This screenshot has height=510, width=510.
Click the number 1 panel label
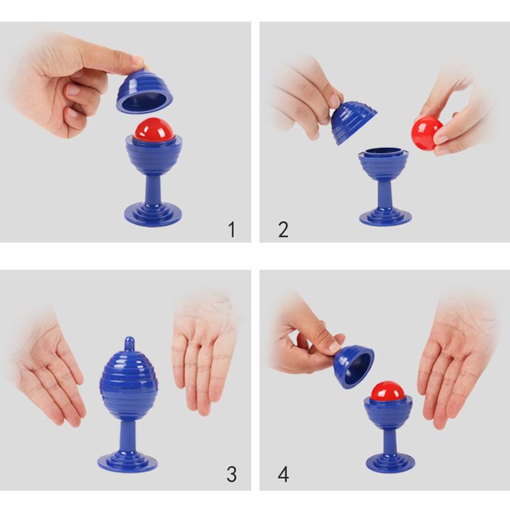[x=232, y=229]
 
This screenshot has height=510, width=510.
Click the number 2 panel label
[x=283, y=229]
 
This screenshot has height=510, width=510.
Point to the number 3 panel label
[x=231, y=474]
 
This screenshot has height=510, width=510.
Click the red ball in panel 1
[x=153, y=129]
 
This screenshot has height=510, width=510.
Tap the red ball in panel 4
[x=388, y=391]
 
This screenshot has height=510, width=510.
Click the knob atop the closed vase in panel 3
[x=129, y=344]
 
